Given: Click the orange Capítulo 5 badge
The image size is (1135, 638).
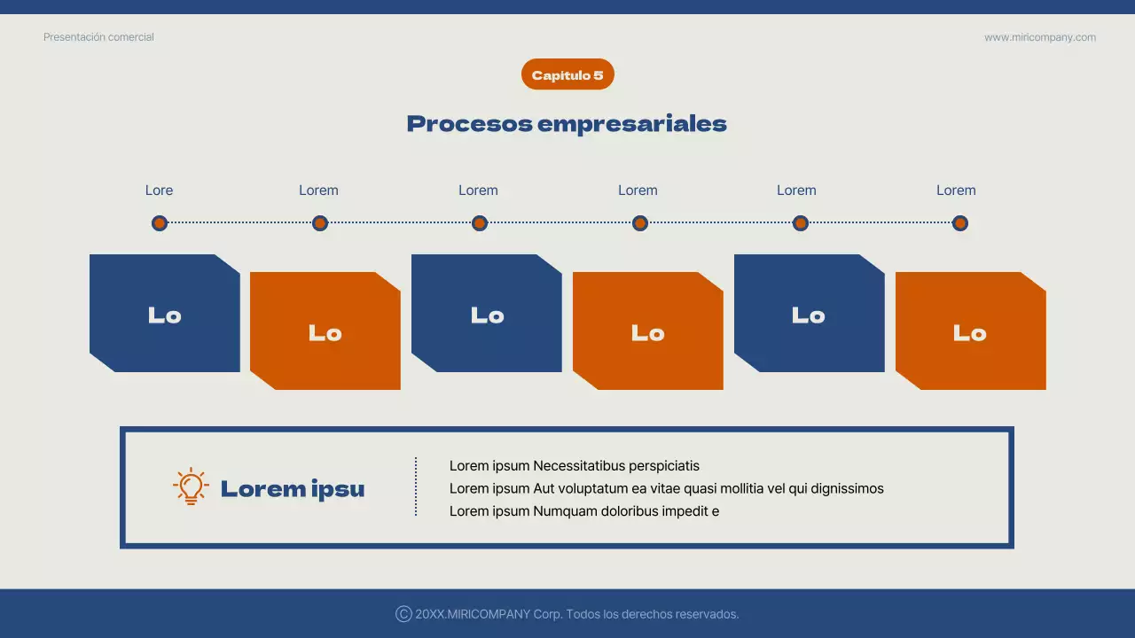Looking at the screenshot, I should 567,75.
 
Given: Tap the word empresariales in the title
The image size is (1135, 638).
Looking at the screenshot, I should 632,124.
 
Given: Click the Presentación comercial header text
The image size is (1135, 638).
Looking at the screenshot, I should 98,37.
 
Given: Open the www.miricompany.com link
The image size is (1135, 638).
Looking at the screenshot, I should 1039,37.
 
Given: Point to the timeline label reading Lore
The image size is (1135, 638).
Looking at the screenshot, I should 159,191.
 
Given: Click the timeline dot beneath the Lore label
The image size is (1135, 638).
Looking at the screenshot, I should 160,223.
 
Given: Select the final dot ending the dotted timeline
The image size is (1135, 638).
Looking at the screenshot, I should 959,223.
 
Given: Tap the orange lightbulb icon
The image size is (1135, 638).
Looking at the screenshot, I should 191,487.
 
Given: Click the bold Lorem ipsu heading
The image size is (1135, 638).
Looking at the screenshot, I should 293,489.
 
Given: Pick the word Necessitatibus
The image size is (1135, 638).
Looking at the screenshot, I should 579,466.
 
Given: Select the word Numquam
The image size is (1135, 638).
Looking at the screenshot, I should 562,511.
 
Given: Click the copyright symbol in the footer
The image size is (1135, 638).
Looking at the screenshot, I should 403,614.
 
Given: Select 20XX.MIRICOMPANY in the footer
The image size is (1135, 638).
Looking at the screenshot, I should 473,614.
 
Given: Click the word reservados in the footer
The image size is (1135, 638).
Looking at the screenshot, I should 706,614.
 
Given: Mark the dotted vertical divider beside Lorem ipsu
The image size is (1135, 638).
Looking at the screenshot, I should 416,486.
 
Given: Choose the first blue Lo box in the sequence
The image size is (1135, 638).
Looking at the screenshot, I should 165,314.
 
